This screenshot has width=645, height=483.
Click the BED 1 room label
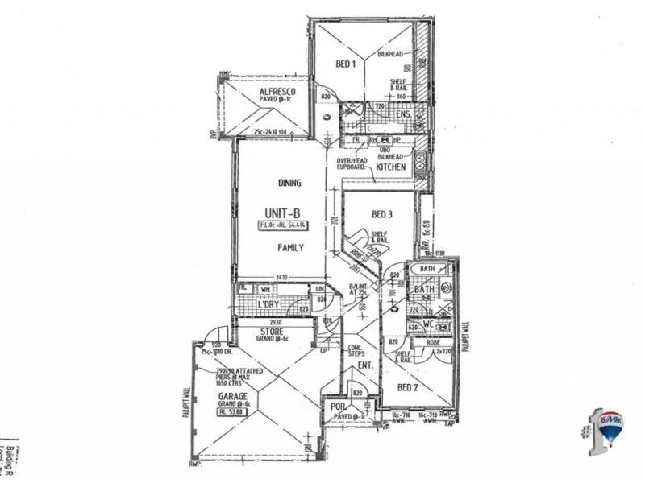(345, 64)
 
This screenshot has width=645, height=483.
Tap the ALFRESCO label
(277, 93)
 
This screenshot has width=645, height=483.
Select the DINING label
(289, 183)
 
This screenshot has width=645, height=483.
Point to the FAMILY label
(290, 248)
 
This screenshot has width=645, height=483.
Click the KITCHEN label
(391, 167)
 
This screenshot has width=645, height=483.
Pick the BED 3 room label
(381, 215)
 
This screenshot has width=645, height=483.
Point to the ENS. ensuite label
(404, 115)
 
